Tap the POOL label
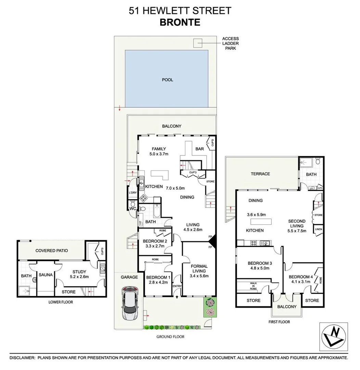tap(167, 80)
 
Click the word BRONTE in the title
tap(180, 23)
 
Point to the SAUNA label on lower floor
tap(45, 275)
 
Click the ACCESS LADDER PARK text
tap(230, 44)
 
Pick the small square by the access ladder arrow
tap(197, 43)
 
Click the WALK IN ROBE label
tap(253, 286)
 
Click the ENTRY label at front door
tap(177, 286)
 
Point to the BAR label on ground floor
tap(200, 149)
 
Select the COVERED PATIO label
tap(52, 250)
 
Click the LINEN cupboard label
tap(318, 229)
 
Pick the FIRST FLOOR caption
tap(279, 322)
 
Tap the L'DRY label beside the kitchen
tap(132, 193)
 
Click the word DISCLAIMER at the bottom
tap(22, 357)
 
